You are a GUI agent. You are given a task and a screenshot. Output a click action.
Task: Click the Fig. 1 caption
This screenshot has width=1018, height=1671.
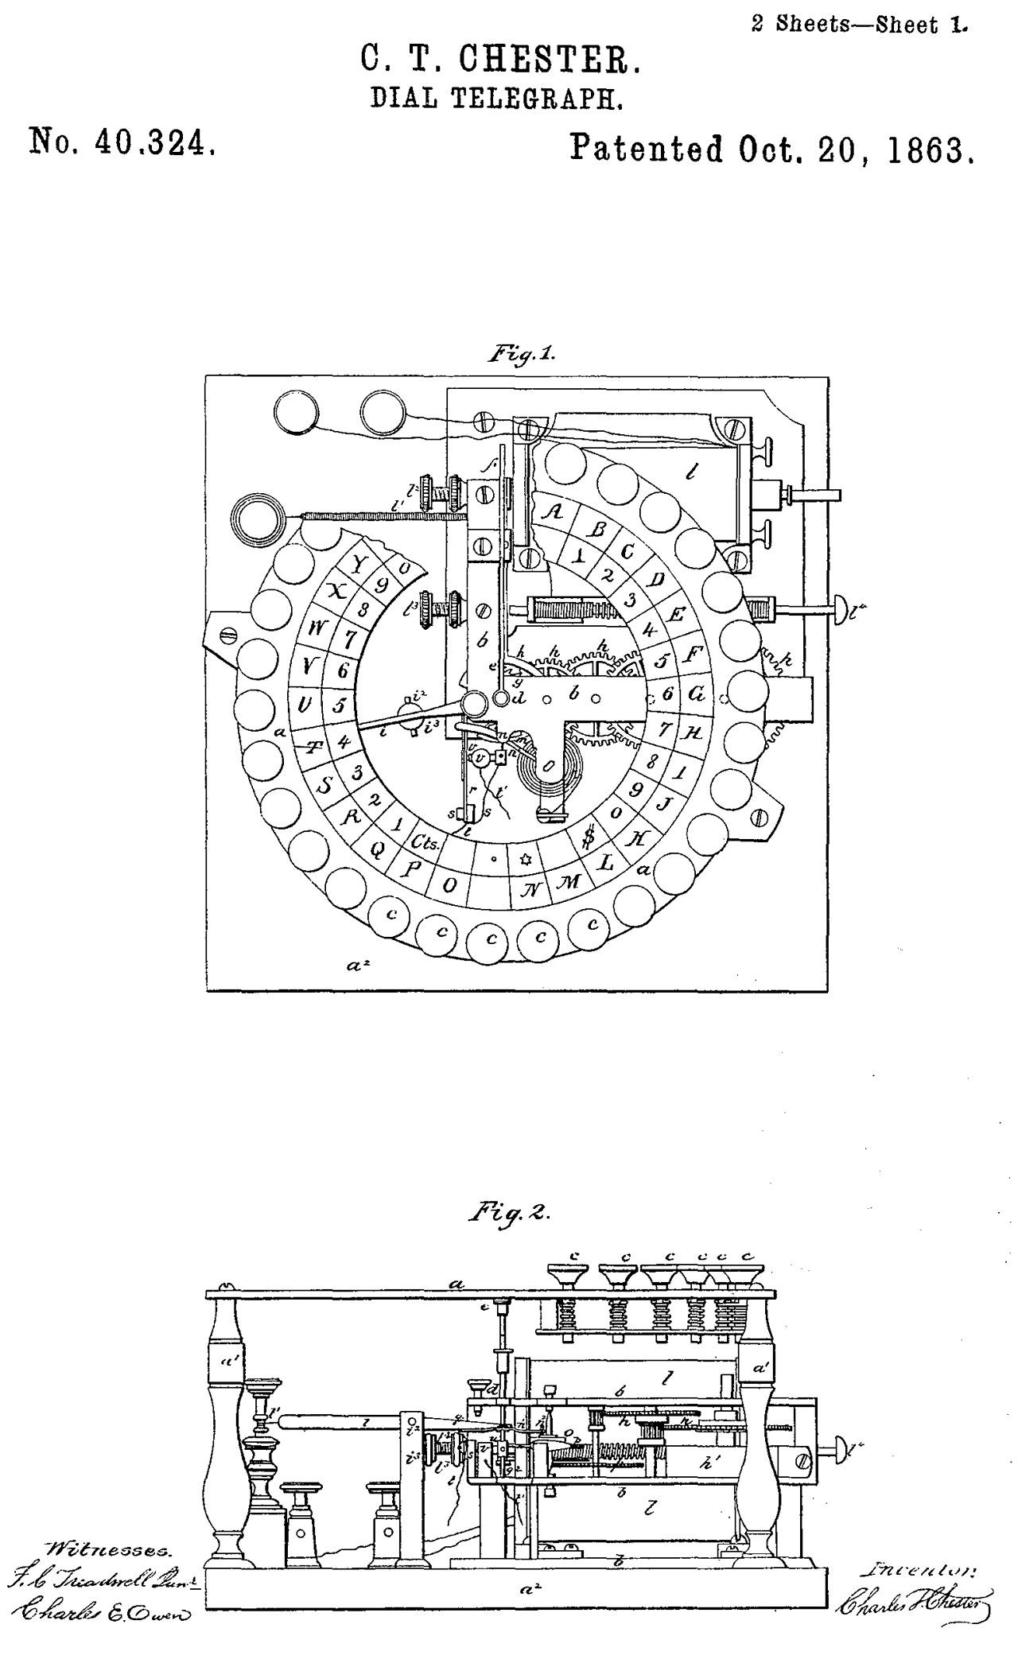[x=521, y=354]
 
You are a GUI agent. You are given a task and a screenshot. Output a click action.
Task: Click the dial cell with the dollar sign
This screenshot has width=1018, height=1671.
[x=589, y=836]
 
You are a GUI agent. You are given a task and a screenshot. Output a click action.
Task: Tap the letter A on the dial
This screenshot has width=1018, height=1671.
[x=554, y=513]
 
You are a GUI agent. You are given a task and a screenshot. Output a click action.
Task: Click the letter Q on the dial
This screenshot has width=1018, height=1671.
[x=379, y=848]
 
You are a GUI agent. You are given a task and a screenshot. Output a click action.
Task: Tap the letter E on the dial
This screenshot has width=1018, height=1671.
[x=677, y=614]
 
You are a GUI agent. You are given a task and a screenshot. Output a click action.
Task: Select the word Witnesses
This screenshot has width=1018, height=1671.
[x=110, y=1550]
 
